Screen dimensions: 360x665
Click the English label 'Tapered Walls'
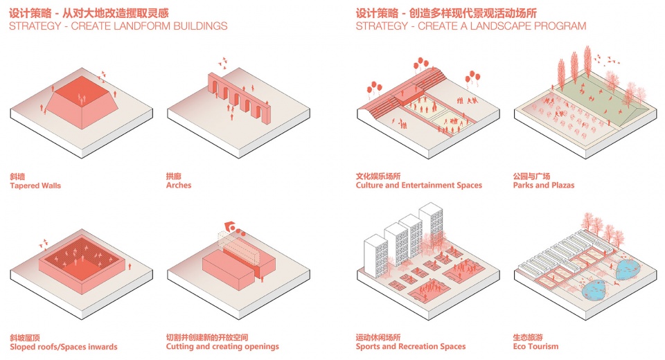coord(35,186)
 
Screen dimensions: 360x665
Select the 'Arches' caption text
coord(179,186)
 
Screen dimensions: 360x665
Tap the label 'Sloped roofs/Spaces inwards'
coord(64,347)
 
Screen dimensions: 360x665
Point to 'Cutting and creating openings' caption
coord(222,347)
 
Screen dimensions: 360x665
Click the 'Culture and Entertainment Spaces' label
coord(419,186)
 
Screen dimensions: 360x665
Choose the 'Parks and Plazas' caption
coord(544,186)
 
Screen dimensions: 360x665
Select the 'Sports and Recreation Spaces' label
coord(411,347)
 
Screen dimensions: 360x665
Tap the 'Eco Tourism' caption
coord(535,347)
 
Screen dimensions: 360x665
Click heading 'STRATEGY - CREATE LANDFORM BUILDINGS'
coord(118,26)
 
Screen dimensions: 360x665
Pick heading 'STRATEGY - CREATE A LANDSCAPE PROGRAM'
coord(471,26)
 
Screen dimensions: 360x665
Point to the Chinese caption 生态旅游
coord(526,337)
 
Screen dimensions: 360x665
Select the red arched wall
coord(238,97)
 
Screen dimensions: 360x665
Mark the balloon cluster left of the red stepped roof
coord(374,86)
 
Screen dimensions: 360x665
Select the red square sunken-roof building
coord(82,263)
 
